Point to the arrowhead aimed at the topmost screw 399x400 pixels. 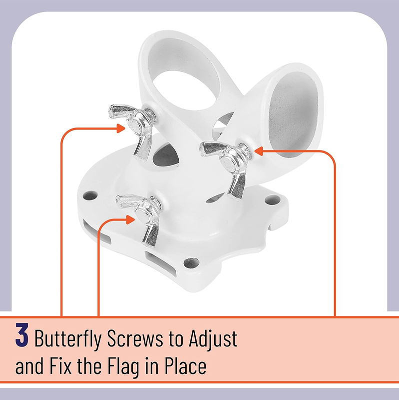point(120,128)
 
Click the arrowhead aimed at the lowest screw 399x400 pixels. point(130,219)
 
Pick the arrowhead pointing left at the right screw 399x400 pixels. point(258,151)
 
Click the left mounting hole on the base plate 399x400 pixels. point(90,195)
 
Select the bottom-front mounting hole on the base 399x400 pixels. point(191,263)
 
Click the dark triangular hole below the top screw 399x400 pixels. point(166,155)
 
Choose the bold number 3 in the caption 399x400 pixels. point(21,334)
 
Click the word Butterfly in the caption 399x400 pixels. point(68,338)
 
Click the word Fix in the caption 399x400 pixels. point(60,366)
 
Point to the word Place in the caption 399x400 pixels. point(185,366)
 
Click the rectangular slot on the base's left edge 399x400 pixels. point(97,231)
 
